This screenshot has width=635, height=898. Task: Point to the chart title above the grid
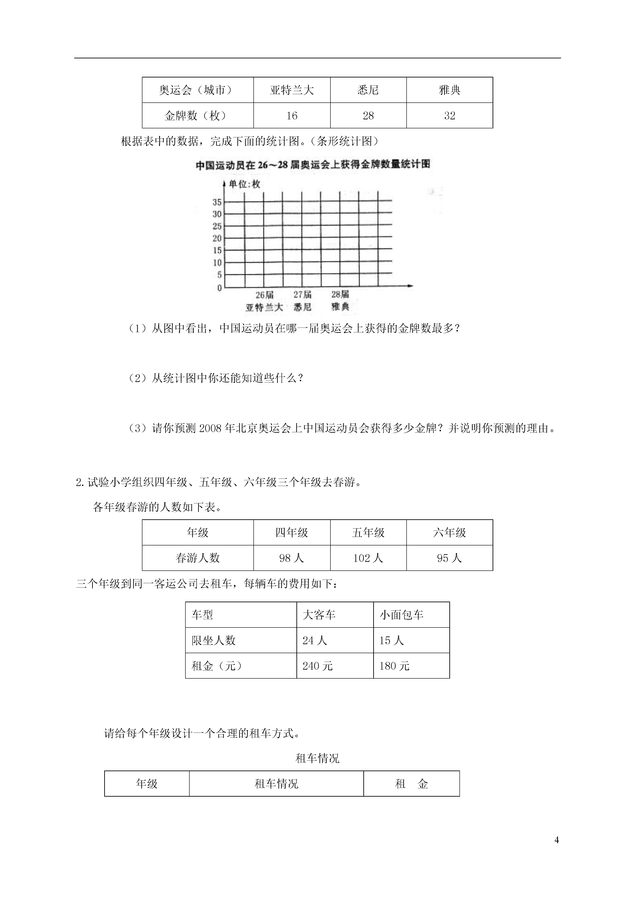[313, 165]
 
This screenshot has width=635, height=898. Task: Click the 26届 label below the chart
[264, 294]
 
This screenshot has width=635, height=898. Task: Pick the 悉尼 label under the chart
[302, 307]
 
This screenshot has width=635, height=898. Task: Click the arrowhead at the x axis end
[410, 286]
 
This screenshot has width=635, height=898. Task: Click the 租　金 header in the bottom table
[412, 784]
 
